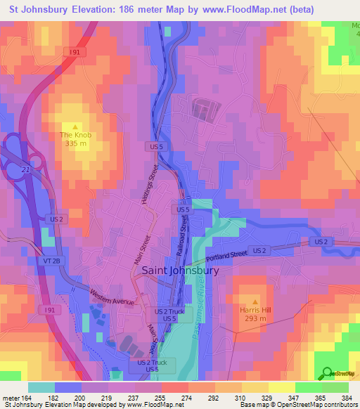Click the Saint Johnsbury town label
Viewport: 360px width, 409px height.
(x=181, y=270)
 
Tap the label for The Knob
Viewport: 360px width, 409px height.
(x=76, y=134)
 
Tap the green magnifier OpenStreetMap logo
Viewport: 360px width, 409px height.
(x=326, y=372)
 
